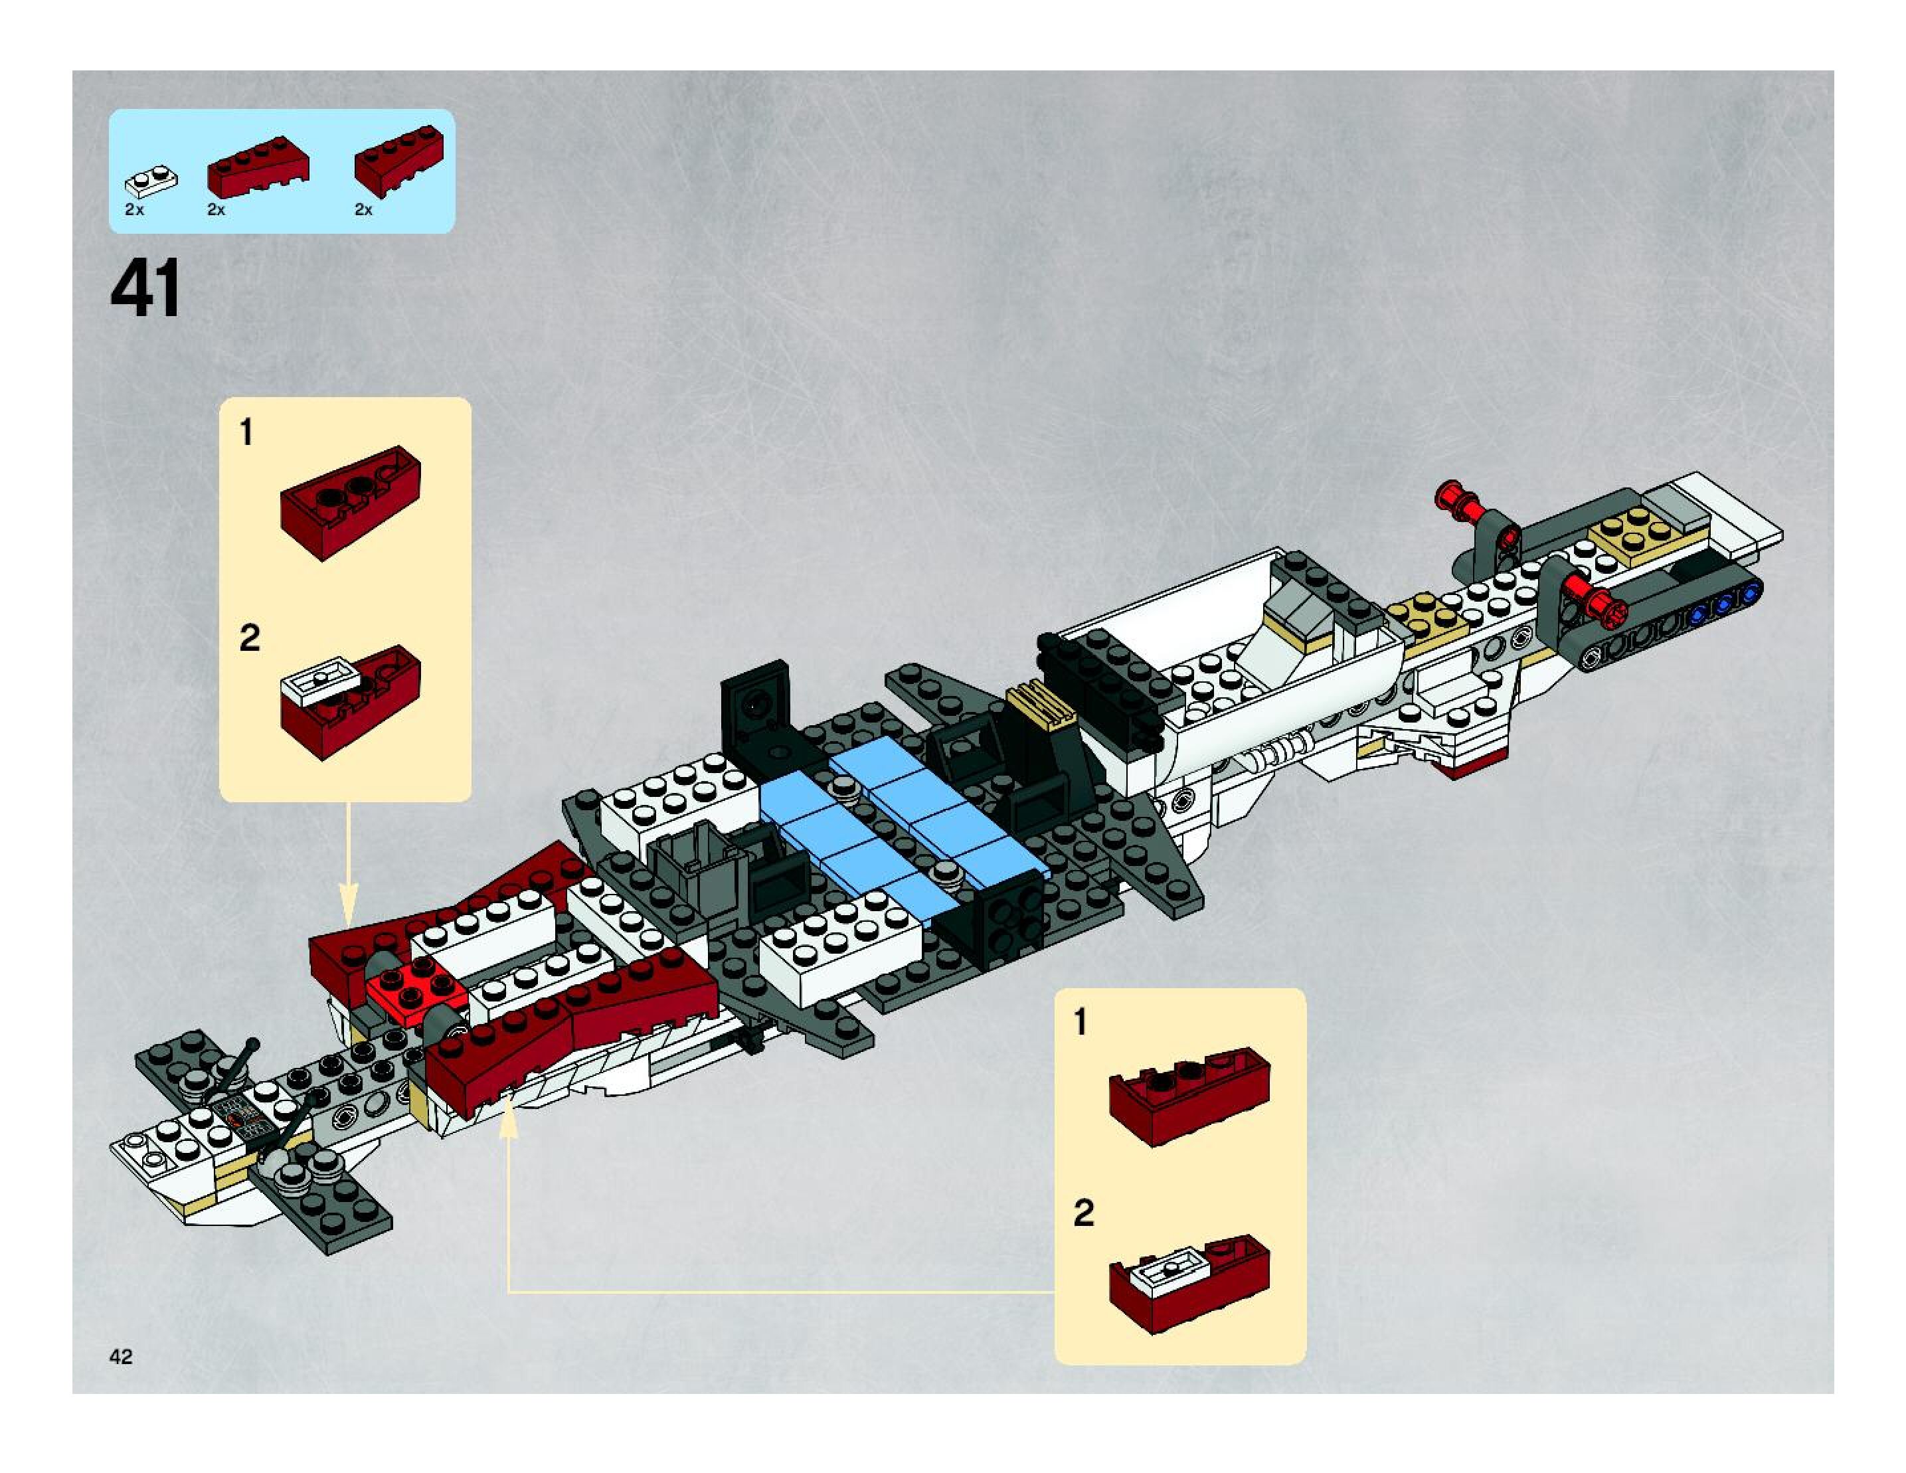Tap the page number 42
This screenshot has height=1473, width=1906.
[122, 1355]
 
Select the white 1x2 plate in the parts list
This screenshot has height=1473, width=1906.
[153, 180]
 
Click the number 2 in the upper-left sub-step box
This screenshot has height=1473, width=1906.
[249, 638]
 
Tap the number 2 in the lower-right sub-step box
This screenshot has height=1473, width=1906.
[1083, 1213]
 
